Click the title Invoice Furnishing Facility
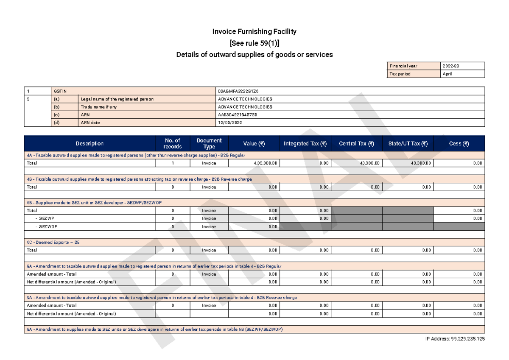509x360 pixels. [x=254, y=32]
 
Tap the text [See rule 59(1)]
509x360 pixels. [x=254, y=43]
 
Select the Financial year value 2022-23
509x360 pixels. [x=450, y=66]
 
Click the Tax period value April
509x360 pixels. [x=447, y=74]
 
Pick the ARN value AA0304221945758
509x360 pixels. [x=238, y=114]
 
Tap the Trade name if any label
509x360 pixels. [x=99, y=107]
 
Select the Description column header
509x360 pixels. [x=89, y=144]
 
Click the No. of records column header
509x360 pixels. [x=172, y=144]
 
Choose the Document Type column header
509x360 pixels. [x=209, y=144]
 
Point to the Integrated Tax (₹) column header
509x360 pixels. [x=305, y=144]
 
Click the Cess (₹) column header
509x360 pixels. [x=459, y=144]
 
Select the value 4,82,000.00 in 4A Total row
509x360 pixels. [x=266, y=163]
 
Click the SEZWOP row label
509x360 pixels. [x=45, y=226]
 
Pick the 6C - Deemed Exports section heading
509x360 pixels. [x=53, y=243]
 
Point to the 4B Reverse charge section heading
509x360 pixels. [x=139, y=179]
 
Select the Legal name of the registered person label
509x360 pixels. [x=117, y=99]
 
